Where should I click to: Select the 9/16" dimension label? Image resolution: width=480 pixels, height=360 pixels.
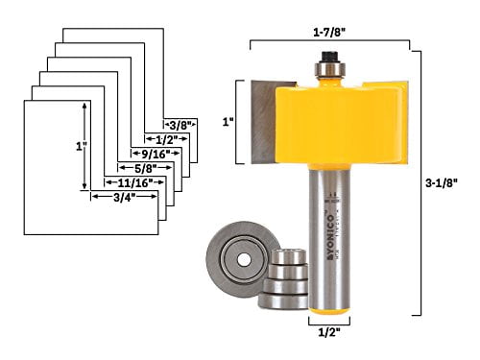click(x=153, y=152)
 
